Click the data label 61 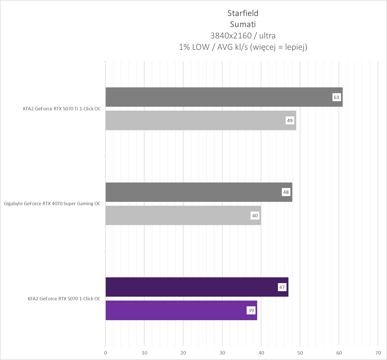pos(336,97)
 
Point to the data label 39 pos(251,311)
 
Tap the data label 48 pos(286,192)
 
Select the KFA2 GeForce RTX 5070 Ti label pos(62,109)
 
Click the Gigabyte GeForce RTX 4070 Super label pos(52,204)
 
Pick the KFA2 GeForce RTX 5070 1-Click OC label pos(64,299)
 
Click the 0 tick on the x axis pos(105,353)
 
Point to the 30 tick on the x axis pos(222,353)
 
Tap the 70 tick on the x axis pos(378,353)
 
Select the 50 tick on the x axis pos(300,353)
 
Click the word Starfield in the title pos(243,13)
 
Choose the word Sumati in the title pos(243,24)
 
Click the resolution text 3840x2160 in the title pos(231,36)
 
